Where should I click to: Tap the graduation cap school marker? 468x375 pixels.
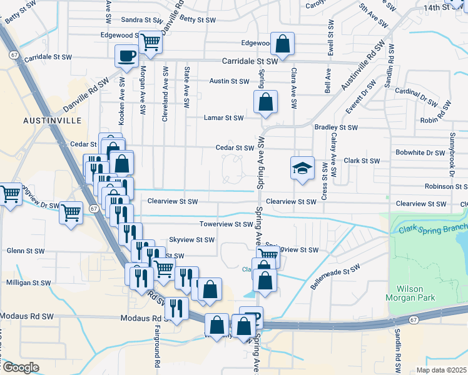tap(302, 168)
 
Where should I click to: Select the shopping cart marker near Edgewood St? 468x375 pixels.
tap(151, 42)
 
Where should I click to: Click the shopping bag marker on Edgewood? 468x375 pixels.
tap(283, 44)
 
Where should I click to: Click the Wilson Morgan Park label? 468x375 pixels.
tap(419, 294)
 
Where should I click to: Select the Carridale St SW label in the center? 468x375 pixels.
tap(250, 62)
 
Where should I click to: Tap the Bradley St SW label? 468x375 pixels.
tap(336, 127)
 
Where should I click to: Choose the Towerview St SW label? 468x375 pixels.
tap(225, 224)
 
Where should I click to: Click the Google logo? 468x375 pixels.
tap(21, 367)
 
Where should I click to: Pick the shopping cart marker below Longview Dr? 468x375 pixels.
tap(71, 212)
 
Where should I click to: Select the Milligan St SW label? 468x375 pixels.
tap(29, 283)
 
